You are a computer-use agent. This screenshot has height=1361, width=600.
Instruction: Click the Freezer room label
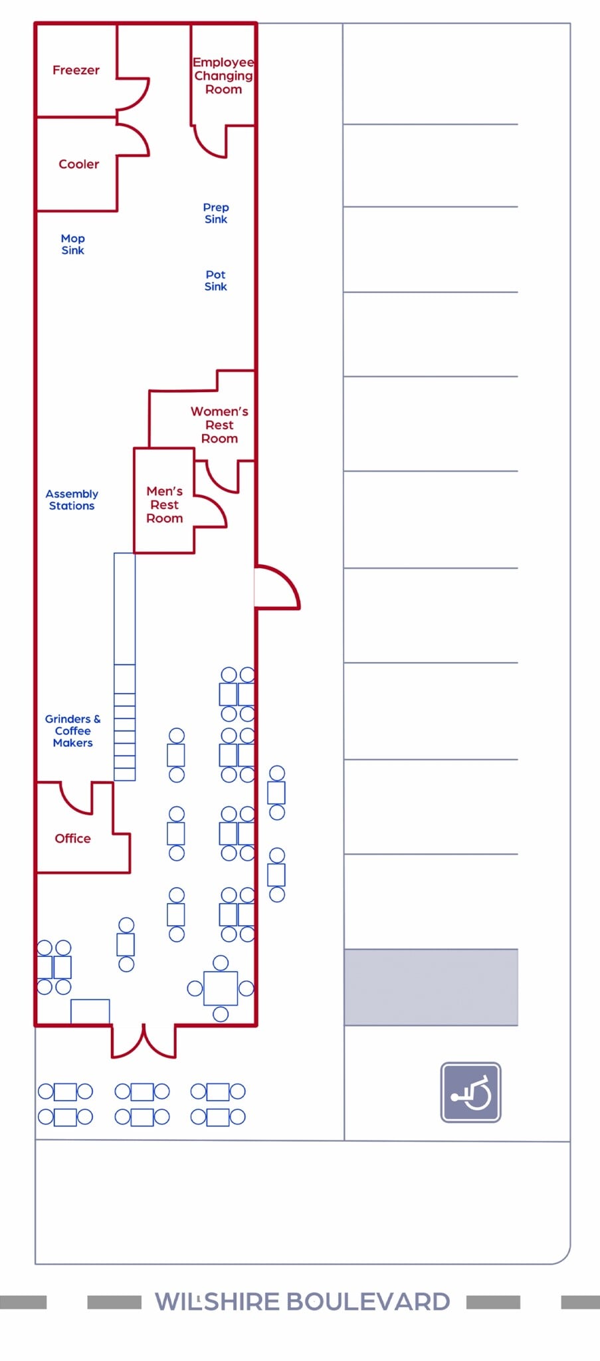[76, 70]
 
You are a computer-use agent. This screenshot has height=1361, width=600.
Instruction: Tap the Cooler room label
[78, 163]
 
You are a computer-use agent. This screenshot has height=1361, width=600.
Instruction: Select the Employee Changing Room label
[223, 76]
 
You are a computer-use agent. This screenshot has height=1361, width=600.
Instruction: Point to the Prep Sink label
[216, 213]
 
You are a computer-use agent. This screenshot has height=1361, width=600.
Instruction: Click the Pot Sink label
[216, 280]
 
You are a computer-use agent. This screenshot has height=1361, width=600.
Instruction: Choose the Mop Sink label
[73, 244]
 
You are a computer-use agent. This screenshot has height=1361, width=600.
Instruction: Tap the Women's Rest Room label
[219, 425]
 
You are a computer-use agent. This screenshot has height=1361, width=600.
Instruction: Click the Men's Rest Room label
[164, 504]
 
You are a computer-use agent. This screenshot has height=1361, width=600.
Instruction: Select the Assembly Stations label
[72, 500]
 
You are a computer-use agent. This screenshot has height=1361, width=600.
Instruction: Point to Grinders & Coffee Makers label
[73, 731]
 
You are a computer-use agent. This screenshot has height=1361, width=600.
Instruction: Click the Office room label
[72, 839]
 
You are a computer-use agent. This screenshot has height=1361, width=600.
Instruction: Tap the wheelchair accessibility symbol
[470, 1093]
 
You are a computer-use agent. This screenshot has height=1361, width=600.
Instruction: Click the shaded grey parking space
[431, 987]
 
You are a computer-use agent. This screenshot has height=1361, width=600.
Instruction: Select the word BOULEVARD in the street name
[368, 1301]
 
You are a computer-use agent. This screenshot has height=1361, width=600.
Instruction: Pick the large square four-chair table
[221, 988]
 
